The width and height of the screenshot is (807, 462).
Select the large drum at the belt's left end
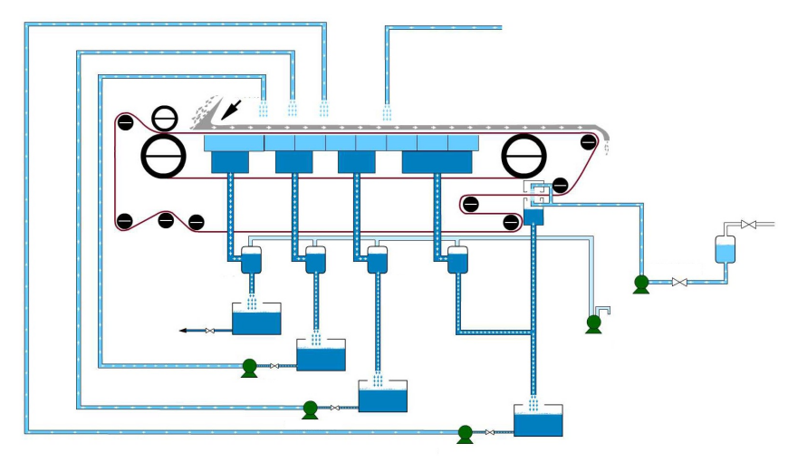click(164, 158)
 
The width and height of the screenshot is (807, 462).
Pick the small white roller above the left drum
click(165, 117)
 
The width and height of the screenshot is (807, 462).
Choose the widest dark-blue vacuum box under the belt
click(437, 162)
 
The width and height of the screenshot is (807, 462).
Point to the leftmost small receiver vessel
click(252, 261)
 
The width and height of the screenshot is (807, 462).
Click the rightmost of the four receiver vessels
click(458, 261)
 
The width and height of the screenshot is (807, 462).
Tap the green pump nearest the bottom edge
click(466, 434)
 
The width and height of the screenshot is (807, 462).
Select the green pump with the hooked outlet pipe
click(594, 322)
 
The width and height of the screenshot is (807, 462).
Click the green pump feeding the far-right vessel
click(641, 284)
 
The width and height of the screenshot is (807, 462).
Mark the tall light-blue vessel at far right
click(724, 248)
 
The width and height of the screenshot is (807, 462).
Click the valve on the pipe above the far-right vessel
click(748, 224)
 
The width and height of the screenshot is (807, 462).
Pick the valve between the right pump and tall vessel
click(678, 284)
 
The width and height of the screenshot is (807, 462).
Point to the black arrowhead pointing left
click(185, 331)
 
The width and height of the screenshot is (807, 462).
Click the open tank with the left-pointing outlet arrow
click(256, 319)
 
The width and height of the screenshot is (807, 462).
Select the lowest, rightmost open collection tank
click(538, 420)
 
